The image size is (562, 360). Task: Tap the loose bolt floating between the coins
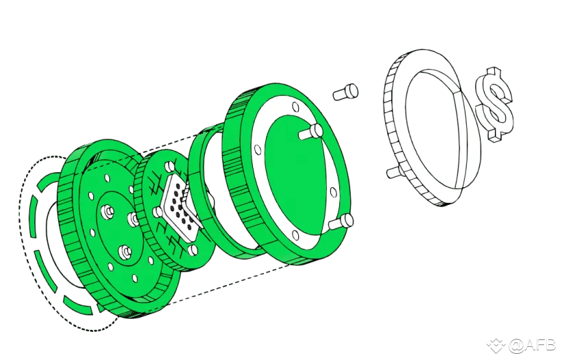(345, 92)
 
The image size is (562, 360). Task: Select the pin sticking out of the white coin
(393, 172)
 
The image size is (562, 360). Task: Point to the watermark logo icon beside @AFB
(496, 346)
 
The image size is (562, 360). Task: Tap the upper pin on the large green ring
(311, 132)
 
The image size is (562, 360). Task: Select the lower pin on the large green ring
(341, 221)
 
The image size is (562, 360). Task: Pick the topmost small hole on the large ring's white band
(295, 107)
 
